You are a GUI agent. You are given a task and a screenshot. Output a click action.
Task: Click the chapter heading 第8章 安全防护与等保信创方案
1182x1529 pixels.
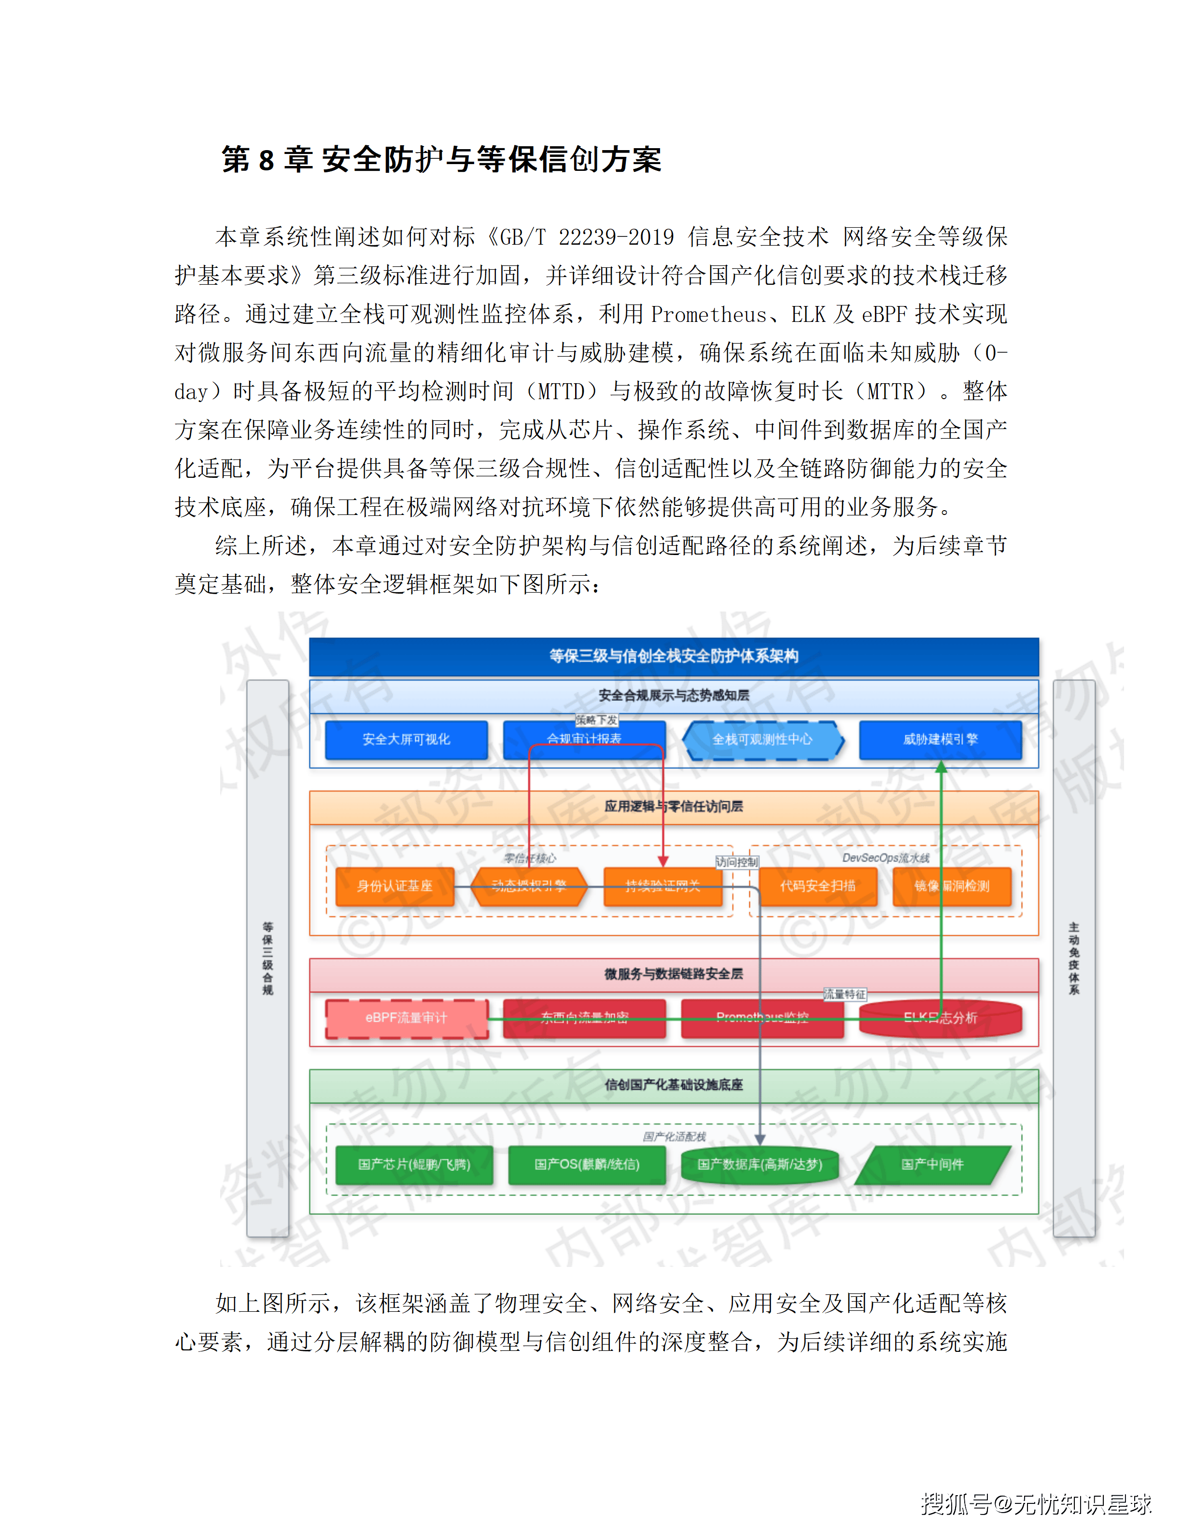tap(441, 160)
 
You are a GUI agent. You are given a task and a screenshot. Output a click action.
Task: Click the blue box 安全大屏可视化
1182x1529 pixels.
tap(406, 739)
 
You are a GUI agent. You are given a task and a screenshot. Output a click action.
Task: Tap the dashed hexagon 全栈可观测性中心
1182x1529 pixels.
tap(762, 739)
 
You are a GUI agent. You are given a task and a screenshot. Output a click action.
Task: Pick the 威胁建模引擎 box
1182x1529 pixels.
tap(941, 739)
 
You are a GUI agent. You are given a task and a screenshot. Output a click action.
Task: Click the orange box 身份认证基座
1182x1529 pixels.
tap(395, 886)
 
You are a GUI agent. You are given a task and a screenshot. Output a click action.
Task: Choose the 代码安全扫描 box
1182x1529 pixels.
tap(818, 886)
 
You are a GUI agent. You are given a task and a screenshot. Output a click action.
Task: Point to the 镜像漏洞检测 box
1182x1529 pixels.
tap(952, 886)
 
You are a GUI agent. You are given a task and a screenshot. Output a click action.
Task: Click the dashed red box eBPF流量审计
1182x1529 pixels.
tap(406, 1018)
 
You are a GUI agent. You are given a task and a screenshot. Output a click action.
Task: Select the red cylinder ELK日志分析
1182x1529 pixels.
tap(941, 1018)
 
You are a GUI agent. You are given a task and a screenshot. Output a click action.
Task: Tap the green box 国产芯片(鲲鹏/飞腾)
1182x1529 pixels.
tap(414, 1164)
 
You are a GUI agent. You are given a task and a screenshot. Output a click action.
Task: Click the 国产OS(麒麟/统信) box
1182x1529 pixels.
tap(587, 1164)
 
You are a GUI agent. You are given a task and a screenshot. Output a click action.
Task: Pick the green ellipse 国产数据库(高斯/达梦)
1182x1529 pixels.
tap(760, 1164)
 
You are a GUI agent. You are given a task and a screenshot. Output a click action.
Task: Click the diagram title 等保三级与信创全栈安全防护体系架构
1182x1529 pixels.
tap(674, 656)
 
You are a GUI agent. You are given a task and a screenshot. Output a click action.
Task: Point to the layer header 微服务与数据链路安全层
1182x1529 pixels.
tap(674, 974)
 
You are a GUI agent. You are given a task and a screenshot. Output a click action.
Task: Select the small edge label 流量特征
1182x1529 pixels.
tap(844, 994)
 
